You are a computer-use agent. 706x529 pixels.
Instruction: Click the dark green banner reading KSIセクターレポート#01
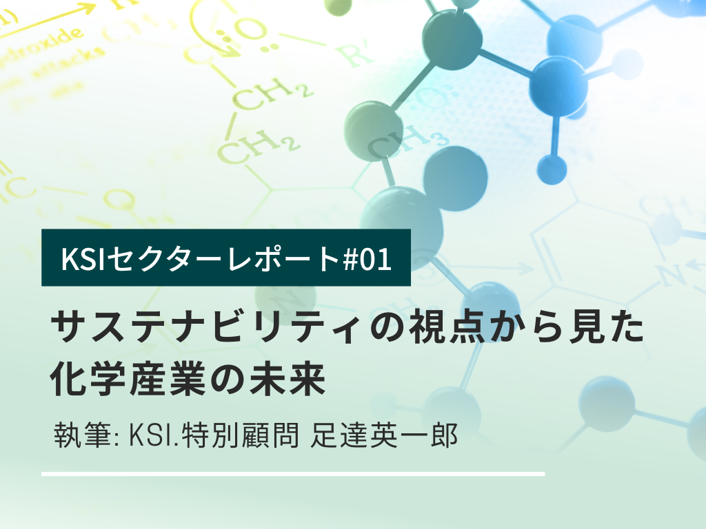226,257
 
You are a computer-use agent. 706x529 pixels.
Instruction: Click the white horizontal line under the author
293,474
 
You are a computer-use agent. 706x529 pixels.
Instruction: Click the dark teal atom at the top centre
452,37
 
